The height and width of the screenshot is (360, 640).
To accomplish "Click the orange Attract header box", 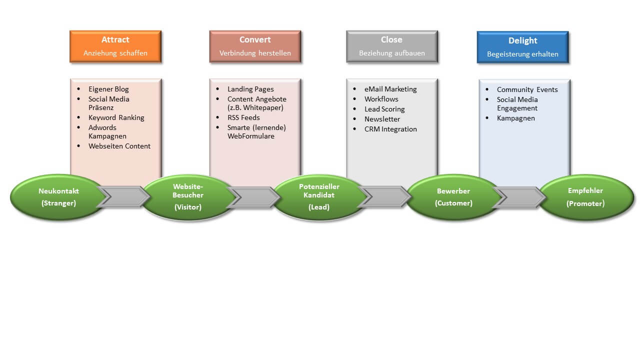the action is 115,46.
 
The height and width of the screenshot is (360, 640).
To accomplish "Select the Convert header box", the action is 255,46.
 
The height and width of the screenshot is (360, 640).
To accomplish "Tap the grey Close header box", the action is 392,46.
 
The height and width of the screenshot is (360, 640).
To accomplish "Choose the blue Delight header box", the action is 523,47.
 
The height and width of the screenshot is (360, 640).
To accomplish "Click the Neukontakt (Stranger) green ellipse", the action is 58,197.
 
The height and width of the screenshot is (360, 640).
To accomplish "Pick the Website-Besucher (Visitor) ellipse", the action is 188,197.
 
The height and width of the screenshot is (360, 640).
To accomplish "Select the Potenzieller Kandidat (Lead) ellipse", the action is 319,197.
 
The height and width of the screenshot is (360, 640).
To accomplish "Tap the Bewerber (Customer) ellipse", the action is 453,197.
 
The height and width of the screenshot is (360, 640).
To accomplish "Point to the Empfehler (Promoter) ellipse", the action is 585,197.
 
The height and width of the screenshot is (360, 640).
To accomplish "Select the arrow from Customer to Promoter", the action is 519,197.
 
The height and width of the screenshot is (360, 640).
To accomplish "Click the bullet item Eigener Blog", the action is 108,89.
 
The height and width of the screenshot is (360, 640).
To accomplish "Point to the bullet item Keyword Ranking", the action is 116,117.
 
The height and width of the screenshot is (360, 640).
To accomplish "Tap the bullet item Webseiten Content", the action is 119,146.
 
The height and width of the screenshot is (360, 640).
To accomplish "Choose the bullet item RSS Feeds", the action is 243,117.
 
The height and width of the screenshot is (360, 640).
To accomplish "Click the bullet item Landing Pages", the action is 250,89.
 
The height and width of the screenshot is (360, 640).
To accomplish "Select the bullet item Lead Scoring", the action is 384,109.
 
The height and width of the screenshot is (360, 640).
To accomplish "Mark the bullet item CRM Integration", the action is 390,129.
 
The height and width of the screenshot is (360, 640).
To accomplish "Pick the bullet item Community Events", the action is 527,89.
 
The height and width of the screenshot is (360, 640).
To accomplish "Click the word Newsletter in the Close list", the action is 382,119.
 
